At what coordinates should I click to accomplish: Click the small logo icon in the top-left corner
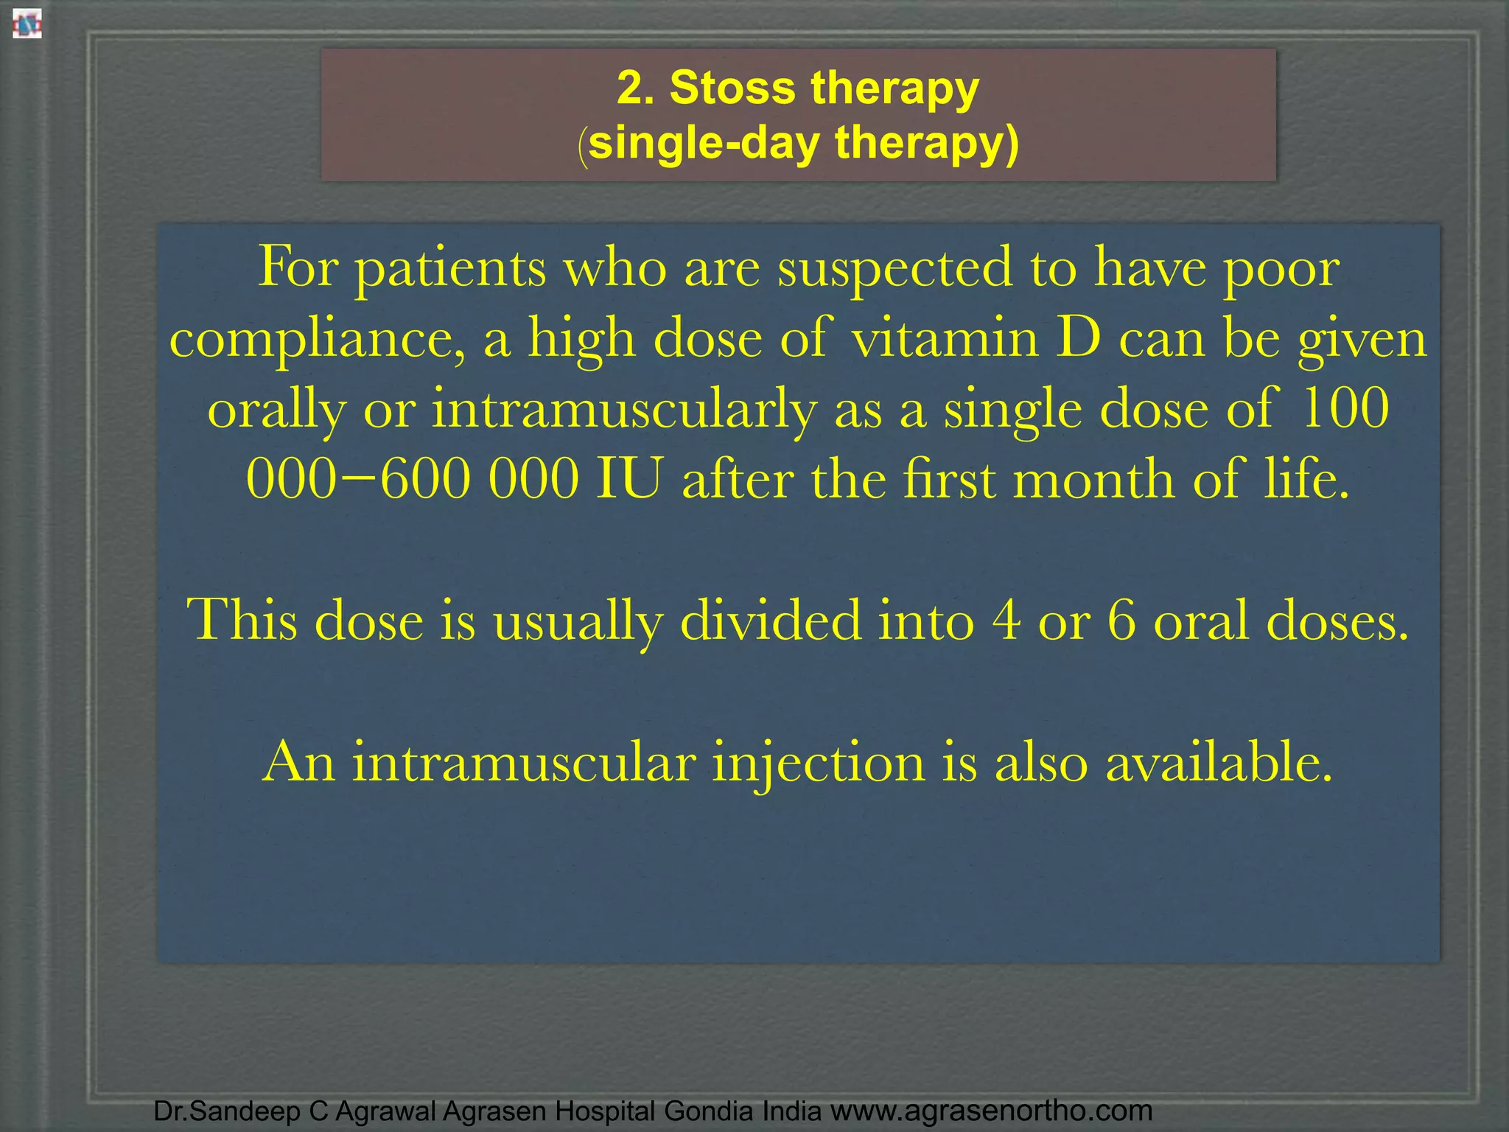point(27,24)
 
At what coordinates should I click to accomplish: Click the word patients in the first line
point(451,270)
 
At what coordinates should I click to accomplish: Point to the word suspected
point(894,270)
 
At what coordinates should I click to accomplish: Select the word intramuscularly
point(623,410)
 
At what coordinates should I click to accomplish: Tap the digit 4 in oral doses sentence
point(1006,621)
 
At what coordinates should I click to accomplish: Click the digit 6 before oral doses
point(1121,621)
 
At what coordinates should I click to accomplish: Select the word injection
point(818,764)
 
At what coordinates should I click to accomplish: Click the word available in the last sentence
point(1219,762)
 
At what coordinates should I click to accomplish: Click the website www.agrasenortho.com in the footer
point(992,1110)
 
